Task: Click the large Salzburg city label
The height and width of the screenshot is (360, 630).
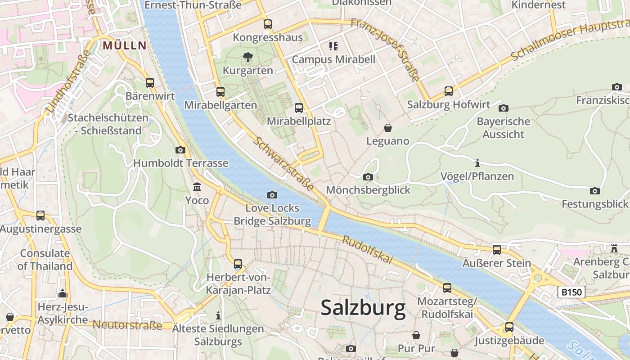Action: (x=363, y=309)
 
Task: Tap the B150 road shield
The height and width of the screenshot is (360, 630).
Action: (x=571, y=292)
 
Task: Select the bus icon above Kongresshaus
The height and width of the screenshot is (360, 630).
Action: (x=268, y=24)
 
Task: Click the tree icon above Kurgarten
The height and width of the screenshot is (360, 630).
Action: (x=247, y=57)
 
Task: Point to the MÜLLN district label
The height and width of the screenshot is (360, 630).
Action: (x=125, y=45)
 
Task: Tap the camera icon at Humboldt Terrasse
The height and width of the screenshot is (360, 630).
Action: (x=180, y=150)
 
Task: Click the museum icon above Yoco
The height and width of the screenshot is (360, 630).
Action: (x=197, y=187)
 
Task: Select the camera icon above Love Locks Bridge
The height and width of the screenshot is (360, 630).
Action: (x=272, y=195)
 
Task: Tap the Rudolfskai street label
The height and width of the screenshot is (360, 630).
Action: (x=368, y=250)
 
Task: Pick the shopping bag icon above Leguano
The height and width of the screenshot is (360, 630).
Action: (x=387, y=128)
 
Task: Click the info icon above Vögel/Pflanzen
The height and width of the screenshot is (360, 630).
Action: (x=477, y=162)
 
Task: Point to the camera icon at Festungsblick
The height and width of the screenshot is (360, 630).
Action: (x=595, y=191)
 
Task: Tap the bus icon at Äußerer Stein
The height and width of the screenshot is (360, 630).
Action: (x=497, y=249)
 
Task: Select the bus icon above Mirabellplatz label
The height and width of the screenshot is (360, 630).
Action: (x=299, y=108)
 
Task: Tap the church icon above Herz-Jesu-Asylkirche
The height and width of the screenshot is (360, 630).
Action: (x=63, y=294)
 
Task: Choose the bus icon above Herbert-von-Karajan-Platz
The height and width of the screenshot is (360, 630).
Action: (x=238, y=264)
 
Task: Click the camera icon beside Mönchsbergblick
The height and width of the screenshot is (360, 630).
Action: (x=368, y=177)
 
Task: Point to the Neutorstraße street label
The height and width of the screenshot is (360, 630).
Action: (x=127, y=325)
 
